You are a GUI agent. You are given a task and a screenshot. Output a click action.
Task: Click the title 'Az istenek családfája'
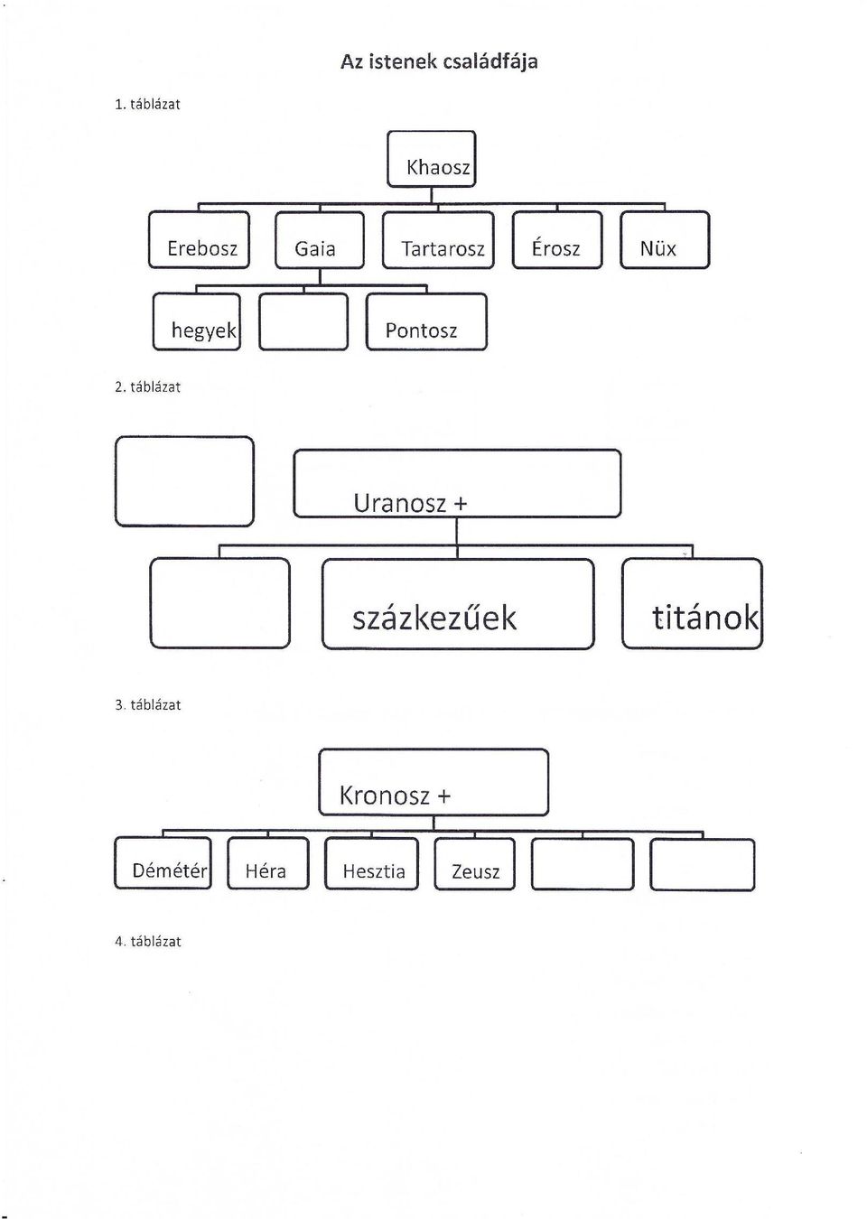pos(439,61)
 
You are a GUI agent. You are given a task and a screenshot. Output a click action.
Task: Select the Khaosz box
pos(432,159)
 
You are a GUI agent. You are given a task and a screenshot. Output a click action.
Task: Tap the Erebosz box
pos(200,240)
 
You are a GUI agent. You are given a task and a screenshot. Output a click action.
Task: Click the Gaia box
pos(320,240)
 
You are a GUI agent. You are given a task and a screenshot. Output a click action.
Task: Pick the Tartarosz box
pos(439,240)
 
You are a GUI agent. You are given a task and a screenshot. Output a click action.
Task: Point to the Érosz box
pos(557,240)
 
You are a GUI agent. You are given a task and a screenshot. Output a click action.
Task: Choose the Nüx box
pos(665,240)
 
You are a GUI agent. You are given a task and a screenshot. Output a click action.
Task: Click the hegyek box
pos(197,321)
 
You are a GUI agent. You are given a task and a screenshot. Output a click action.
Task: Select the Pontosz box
pos(426,321)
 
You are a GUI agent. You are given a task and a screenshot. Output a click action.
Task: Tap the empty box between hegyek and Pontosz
pos(303,321)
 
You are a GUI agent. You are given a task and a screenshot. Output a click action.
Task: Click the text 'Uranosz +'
pos(410,503)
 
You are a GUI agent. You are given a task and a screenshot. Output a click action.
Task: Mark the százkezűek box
pos(458,604)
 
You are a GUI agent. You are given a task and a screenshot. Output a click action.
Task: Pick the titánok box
pos(693,603)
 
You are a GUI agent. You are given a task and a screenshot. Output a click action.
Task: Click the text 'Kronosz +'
pos(396,796)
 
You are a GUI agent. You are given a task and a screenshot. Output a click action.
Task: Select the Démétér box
pos(163,863)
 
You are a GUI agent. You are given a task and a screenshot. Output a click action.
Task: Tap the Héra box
pos(267,863)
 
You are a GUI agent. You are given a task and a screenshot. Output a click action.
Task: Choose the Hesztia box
pos(372,863)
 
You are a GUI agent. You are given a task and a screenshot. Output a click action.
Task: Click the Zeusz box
pos(474,863)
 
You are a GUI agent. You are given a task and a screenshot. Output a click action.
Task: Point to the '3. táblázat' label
pos(147,704)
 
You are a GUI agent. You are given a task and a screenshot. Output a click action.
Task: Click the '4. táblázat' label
pos(147,942)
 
